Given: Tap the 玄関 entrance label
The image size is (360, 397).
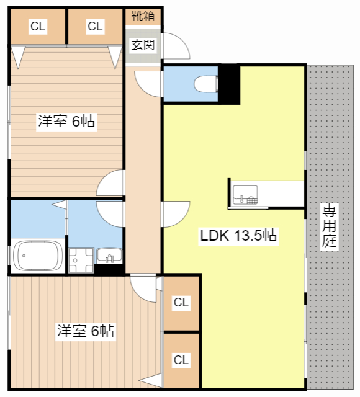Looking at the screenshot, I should pos(143,44).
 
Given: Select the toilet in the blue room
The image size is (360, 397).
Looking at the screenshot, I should pos(204,83).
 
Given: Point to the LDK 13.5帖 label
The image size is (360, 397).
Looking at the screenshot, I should pos(238,235).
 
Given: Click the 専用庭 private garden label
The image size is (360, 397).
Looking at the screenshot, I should pos(329,226).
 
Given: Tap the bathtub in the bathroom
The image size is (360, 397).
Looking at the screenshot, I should pos(38,256).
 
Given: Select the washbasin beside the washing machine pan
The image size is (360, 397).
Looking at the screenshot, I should pos(110,255).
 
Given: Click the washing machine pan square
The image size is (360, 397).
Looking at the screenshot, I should pos(81,260).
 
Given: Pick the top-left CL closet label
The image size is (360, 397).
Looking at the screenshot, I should pos(38,26).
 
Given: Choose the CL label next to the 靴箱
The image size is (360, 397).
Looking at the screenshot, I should pos(94,26).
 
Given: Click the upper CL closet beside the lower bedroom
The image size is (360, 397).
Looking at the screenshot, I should pos(181,303).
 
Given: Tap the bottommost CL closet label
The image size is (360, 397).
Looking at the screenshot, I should pos(181,360).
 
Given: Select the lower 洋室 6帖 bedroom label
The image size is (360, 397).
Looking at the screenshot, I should pos(85,331).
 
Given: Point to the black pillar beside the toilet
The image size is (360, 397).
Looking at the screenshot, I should pos(230,84).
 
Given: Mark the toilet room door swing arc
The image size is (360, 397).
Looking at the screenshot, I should pos(146,83).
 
